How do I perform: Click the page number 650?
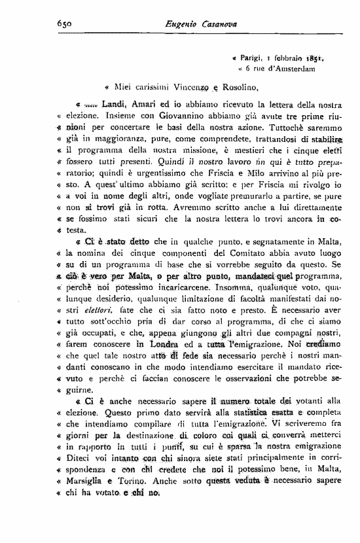63,24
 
